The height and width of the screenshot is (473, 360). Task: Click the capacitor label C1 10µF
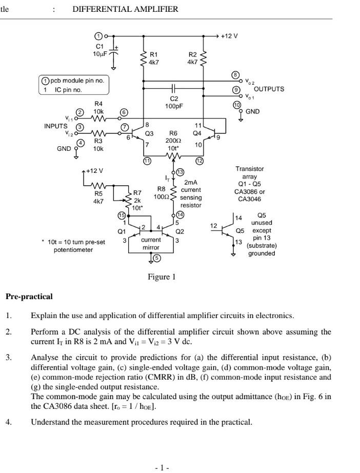click(x=99, y=50)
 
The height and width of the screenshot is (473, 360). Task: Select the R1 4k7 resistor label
click(x=153, y=58)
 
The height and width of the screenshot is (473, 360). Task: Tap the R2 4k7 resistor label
click(x=192, y=58)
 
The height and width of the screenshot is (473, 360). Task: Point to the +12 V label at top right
click(x=229, y=36)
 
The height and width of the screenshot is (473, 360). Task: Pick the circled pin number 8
click(x=236, y=75)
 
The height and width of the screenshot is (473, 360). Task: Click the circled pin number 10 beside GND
click(x=236, y=105)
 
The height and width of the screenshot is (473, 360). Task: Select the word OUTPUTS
click(x=269, y=89)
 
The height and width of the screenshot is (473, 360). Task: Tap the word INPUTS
click(x=55, y=126)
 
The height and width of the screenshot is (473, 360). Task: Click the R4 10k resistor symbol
click(x=98, y=119)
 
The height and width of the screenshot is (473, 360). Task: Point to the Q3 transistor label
click(x=149, y=133)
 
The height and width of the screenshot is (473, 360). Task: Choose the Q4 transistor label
click(x=197, y=133)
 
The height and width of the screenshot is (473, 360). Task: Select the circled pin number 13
click(x=180, y=172)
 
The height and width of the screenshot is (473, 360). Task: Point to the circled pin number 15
click(x=122, y=215)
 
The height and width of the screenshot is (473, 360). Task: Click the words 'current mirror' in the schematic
click(x=151, y=244)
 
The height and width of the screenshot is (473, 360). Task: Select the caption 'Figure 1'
click(x=162, y=277)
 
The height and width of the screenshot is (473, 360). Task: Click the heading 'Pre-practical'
click(x=29, y=297)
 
